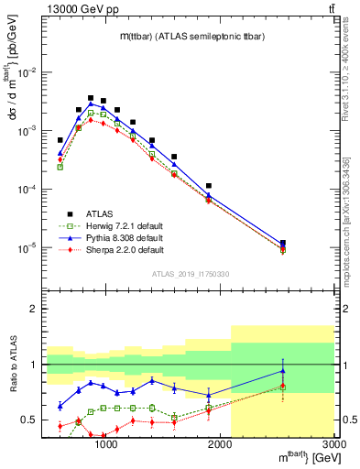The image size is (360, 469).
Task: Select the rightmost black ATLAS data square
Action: point(283,244)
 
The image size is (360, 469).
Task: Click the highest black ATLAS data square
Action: point(91,98)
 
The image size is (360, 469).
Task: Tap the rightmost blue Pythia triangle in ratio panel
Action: point(283,371)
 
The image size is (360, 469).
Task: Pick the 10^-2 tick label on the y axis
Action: point(27,72)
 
